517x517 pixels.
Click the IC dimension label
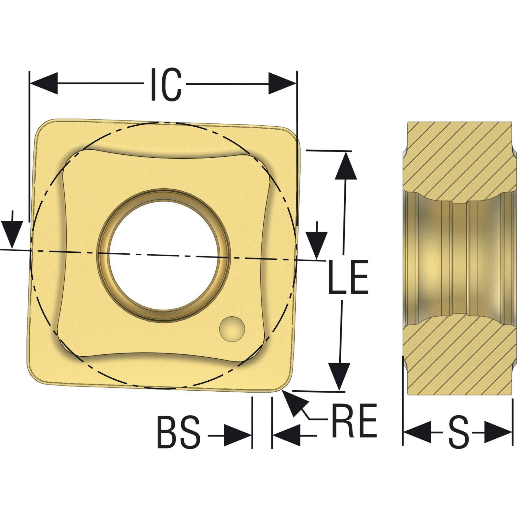[166, 84]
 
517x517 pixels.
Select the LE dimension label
[348, 277]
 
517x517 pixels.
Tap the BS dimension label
[178, 433]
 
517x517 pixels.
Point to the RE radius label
[354, 420]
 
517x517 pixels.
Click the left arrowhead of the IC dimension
[44, 84]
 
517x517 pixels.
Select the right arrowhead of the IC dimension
[282, 84]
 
